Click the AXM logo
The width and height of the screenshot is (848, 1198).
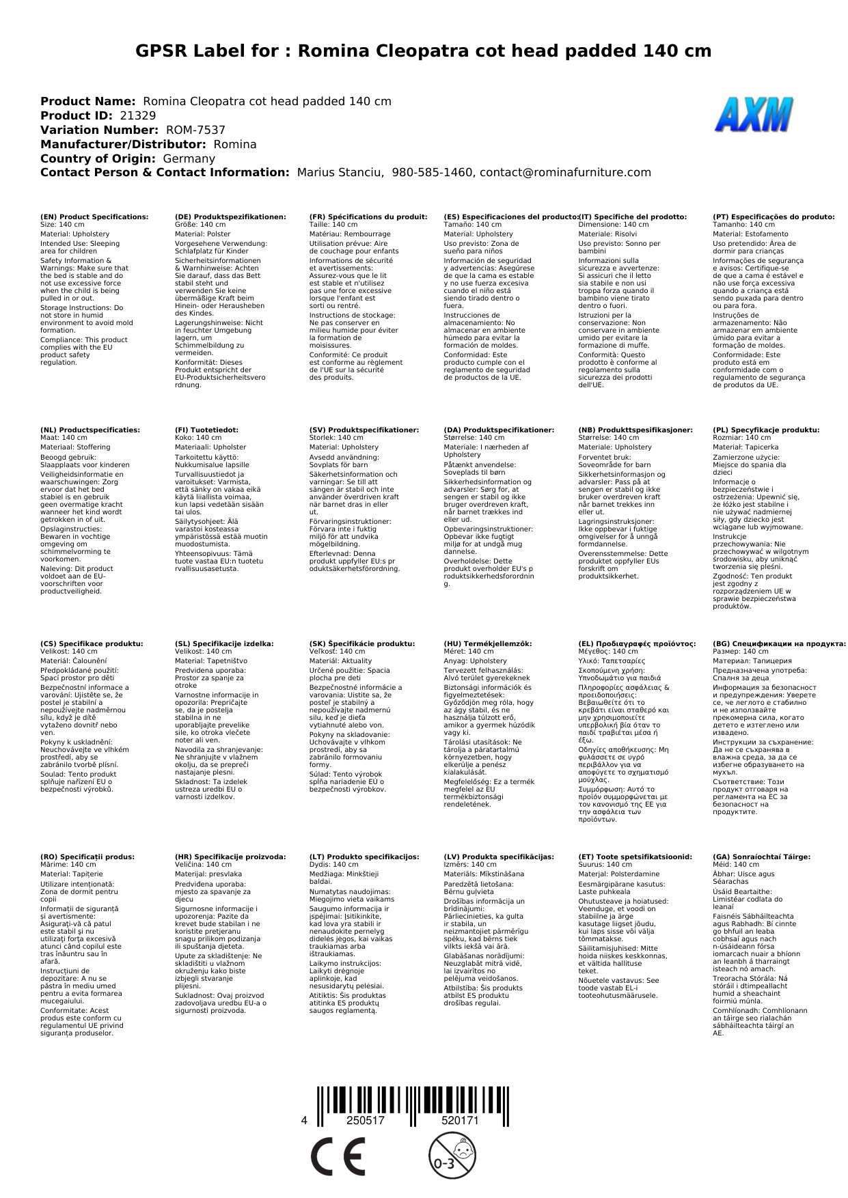(x=754, y=115)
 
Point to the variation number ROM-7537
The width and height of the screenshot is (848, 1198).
(x=195, y=130)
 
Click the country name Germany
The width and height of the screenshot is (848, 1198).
(x=189, y=159)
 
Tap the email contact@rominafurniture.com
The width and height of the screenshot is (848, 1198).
(x=565, y=173)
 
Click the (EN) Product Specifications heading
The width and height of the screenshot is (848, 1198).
(x=94, y=217)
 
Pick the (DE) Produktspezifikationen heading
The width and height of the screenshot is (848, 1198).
(x=230, y=217)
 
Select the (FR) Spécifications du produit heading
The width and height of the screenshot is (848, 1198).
(x=368, y=217)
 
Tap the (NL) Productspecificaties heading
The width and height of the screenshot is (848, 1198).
(x=90, y=430)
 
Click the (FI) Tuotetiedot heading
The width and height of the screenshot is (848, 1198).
(x=206, y=430)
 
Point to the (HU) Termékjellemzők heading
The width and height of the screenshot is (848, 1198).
(x=487, y=644)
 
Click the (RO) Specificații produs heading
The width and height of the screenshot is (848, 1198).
(x=87, y=857)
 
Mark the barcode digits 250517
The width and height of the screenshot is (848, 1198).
(x=366, y=1122)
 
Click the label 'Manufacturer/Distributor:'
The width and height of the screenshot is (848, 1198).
(x=123, y=145)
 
